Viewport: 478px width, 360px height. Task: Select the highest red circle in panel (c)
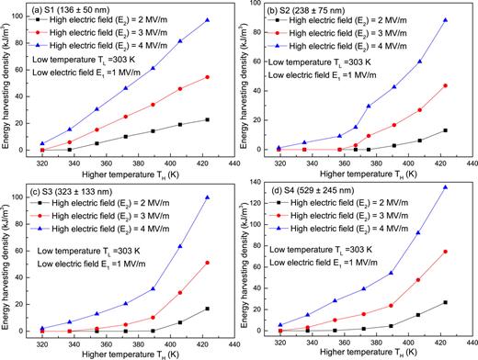(x=207, y=263)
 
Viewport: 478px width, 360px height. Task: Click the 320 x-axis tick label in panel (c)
(x=41, y=342)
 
